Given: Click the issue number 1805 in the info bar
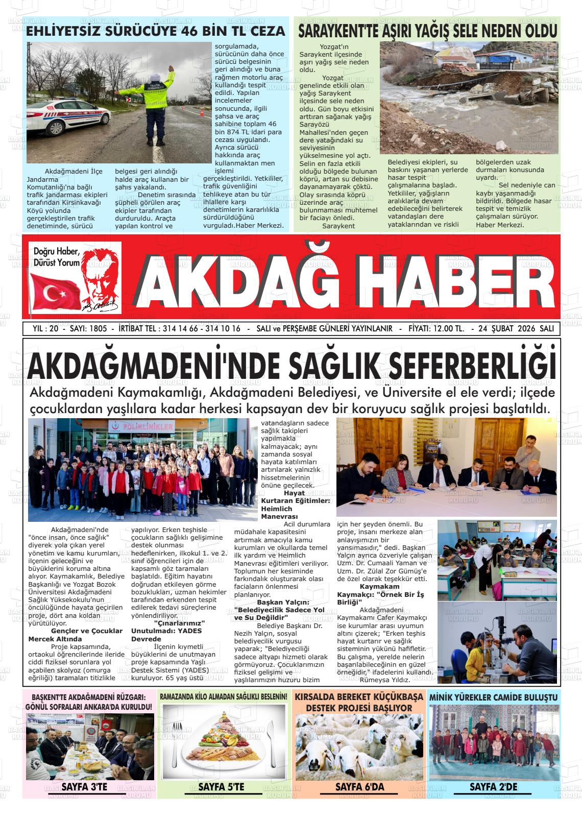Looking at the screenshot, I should tap(98, 329).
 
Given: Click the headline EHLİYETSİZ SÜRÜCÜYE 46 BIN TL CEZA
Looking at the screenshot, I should tap(156, 31).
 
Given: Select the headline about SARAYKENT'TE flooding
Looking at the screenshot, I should tap(427, 31).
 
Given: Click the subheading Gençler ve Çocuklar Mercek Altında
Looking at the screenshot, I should tap(76, 635).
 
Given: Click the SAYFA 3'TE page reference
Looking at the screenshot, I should tap(84, 787).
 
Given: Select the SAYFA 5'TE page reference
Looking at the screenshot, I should tap(221, 787).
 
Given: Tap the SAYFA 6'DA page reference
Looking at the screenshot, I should tap(359, 787).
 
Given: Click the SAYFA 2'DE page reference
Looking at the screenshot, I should tap(493, 787).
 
